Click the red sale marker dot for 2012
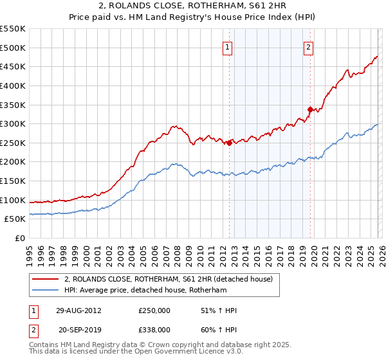[x=229, y=143]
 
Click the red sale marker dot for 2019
[x=309, y=109]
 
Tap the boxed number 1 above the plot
[x=228, y=46]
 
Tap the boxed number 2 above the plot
[x=309, y=46]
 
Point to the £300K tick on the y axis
[x=14, y=123]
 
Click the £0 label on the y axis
[x=20, y=239]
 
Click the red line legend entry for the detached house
[x=169, y=279]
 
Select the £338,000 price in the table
[x=154, y=329]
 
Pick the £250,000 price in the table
[x=154, y=310]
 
